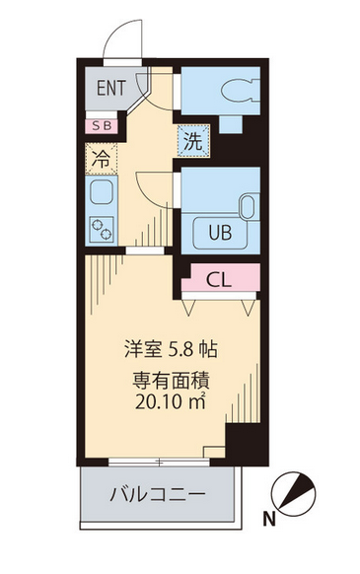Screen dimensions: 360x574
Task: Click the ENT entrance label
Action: (x=110, y=88)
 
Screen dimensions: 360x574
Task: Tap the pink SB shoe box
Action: (x=102, y=126)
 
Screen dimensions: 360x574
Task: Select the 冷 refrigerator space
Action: (x=101, y=159)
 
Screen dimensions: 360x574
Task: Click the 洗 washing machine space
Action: (x=193, y=141)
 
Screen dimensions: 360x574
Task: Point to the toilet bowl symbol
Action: (x=241, y=92)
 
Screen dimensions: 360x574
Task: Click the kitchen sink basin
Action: (x=101, y=192)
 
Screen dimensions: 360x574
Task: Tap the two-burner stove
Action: (x=102, y=229)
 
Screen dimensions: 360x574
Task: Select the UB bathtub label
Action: (x=220, y=232)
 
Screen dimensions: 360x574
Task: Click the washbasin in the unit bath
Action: (x=249, y=206)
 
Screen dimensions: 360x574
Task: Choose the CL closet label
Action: (x=219, y=280)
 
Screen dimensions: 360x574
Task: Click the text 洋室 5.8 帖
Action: (x=171, y=349)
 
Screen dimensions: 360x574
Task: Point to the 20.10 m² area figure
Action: (x=170, y=401)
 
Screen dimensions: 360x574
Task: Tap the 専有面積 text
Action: (x=171, y=381)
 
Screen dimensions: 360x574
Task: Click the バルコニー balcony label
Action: (x=158, y=494)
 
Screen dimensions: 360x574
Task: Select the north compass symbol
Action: (x=293, y=494)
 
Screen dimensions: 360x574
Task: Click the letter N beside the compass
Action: (x=269, y=519)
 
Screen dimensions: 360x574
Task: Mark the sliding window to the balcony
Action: (x=159, y=462)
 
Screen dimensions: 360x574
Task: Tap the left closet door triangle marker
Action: (x=188, y=308)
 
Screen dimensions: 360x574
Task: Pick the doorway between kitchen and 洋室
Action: (x=145, y=251)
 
